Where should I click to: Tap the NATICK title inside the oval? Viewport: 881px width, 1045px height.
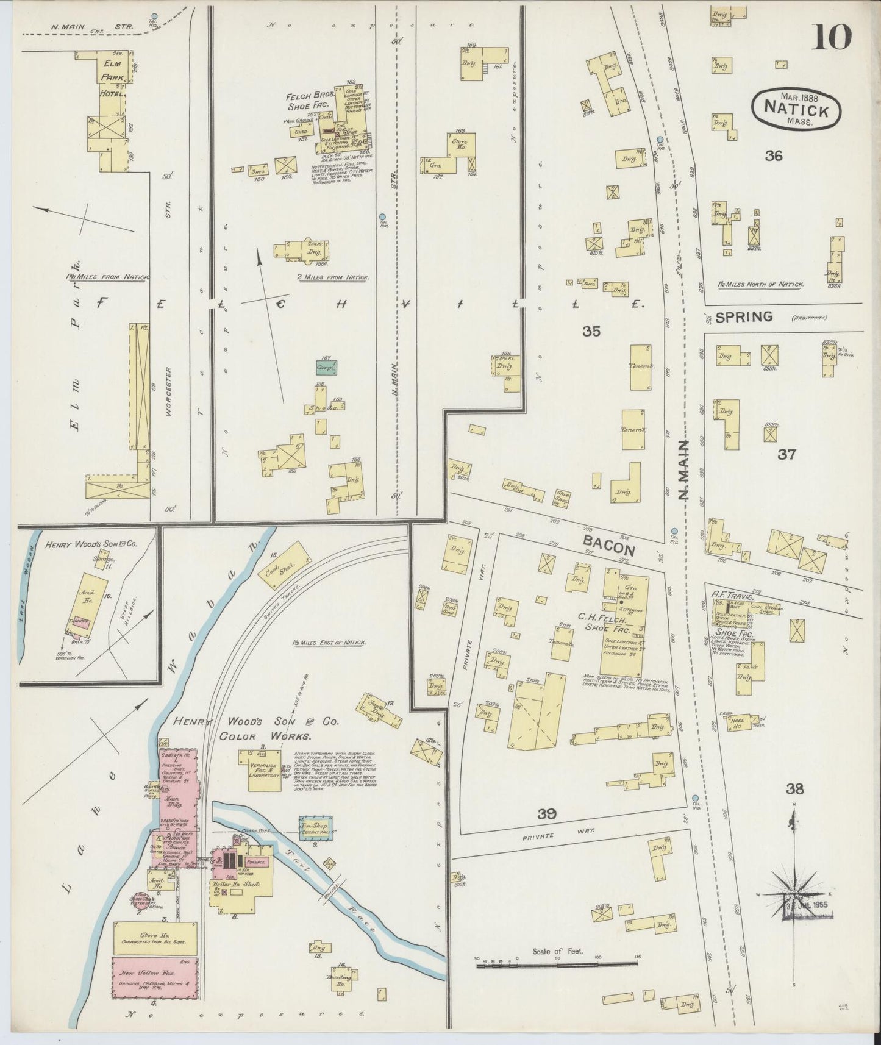[x=796, y=111]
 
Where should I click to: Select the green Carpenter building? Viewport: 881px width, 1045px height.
[x=326, y=368]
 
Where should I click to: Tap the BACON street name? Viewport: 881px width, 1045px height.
[x=608, y=546]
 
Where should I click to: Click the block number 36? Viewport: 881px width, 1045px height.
[x=774, y=156]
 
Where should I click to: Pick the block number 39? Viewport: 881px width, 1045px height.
[x=547, y=813]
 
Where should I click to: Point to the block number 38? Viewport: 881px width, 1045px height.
[x=794, y=790]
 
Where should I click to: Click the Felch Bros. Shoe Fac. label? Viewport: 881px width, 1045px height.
[x=308, y=101]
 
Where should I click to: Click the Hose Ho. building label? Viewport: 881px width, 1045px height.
[x=739, y=721]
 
